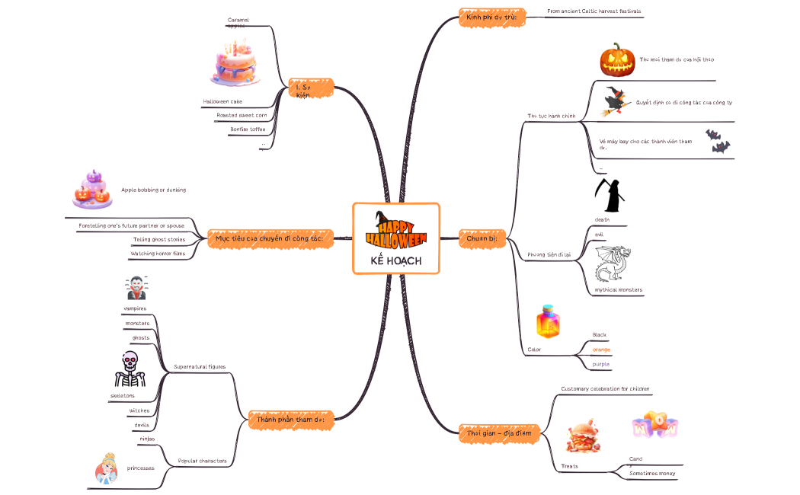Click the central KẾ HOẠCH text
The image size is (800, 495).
(x=395, y=261)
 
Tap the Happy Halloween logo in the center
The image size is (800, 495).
(x=396, y=228)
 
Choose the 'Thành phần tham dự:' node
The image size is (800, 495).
(x=291, y=419)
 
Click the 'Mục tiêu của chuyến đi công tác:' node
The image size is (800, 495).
(x=270, y=239)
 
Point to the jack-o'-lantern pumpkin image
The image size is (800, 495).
(x=617, y=59)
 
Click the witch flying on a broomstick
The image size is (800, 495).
(x=616, y=102)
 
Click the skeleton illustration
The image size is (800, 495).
(x=129, y=370)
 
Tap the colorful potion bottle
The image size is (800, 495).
(x=548, y=322)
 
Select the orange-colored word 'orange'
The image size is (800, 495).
(x=601, y=350)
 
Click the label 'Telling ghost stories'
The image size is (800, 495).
(x=158, y=239)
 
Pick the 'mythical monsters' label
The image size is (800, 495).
(x=618, y=289)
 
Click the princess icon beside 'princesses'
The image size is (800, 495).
(x=106, y=468)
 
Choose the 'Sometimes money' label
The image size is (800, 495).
(x=651, y=474)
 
